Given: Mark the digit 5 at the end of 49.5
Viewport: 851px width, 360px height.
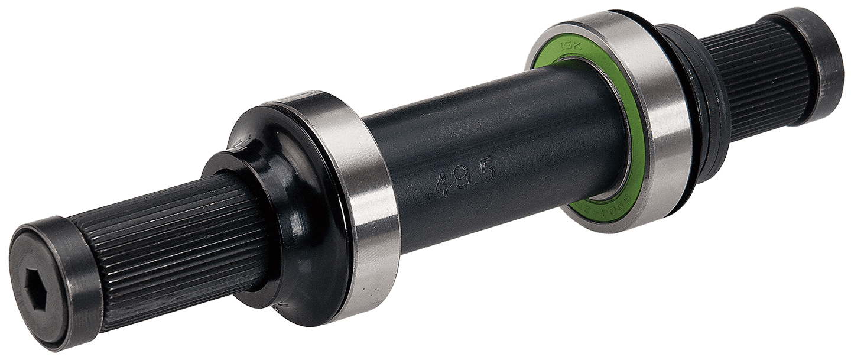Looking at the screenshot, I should (488, 171).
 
